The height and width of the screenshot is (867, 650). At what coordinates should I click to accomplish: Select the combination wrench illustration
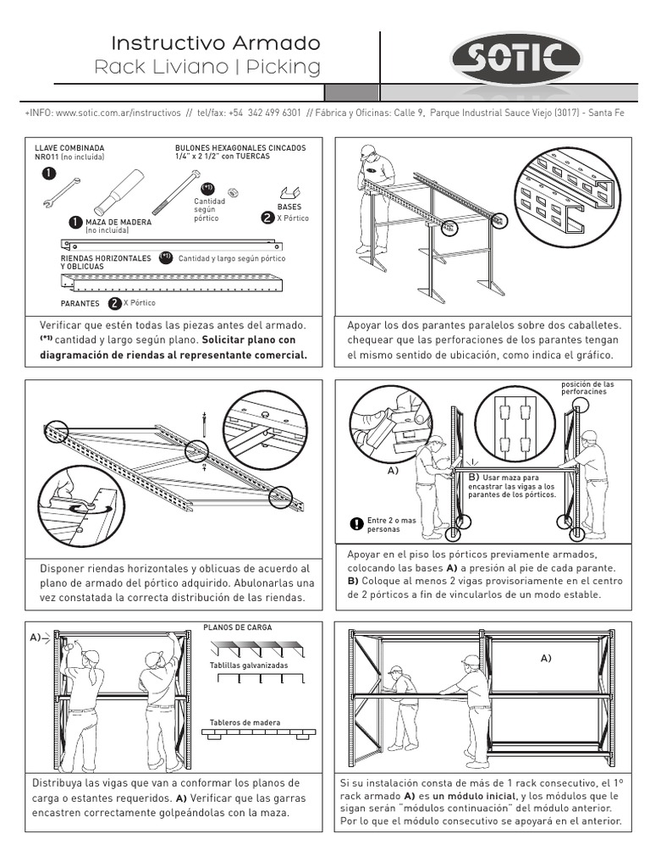pos(60,193)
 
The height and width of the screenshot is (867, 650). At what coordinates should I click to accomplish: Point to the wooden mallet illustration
pos(118,191)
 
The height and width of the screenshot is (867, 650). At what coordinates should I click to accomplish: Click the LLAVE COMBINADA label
pos(69,147)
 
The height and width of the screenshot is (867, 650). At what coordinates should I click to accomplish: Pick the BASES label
pos(289,206)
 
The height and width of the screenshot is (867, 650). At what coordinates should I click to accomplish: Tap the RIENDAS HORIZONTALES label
pos(106,257)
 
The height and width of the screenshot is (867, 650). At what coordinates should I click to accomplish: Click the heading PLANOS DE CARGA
pos(238,627)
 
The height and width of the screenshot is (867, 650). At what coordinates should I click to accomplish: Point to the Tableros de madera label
pos(245,722)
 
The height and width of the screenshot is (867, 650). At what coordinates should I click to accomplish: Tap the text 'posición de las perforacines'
pos(587,389)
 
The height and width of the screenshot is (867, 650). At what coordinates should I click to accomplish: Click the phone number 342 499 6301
pos(265,112)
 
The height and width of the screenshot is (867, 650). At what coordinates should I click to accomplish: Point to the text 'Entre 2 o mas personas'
pos(392,525)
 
